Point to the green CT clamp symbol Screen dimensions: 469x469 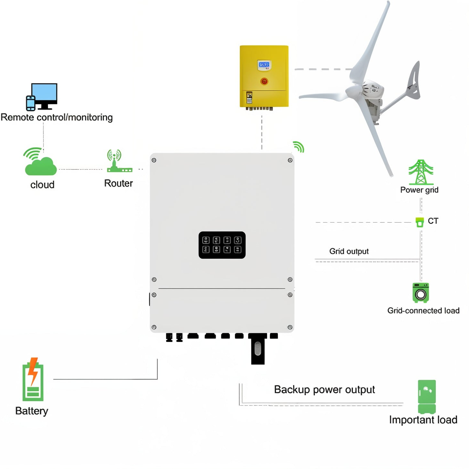point(419,222)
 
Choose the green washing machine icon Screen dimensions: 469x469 point(421,293)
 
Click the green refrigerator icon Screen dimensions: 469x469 point(427,396)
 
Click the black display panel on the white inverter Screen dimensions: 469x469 point(222,245)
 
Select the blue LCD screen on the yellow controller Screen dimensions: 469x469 point(264,65)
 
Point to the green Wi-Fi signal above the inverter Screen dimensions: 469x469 point(299,147)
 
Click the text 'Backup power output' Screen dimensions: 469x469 point(324,390)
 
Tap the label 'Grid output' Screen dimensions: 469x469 point(349,251)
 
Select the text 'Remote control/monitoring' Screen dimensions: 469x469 point(57,117)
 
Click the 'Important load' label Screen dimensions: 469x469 point(423,420)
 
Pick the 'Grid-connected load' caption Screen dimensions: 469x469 point(423,311)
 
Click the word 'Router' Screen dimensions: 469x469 point(118,183)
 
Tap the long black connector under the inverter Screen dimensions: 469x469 point(258,349)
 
